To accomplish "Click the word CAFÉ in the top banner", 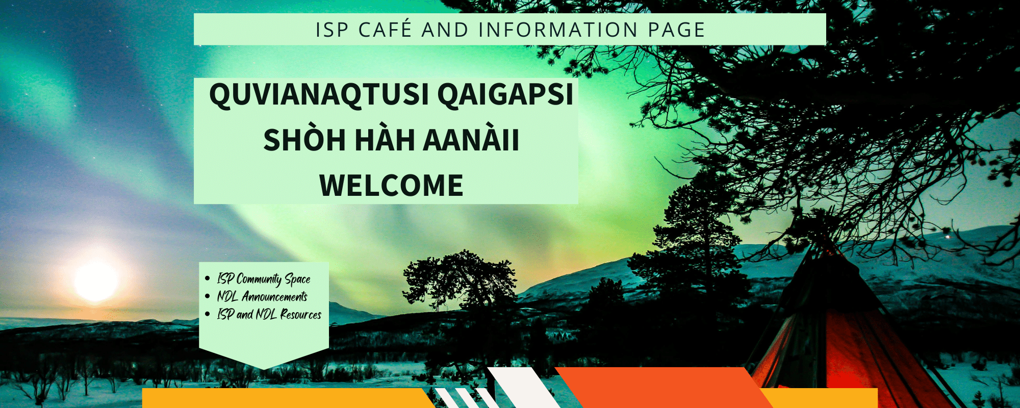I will (x=385, y=30).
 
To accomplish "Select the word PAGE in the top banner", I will (x=677, y=30).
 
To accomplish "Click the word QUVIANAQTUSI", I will (x=319, y=95).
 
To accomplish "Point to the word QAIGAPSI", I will (x=505, y=95).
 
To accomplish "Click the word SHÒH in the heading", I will (x=304, y=140).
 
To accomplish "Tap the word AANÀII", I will (x=471, y=140).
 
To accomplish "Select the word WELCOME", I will (x=391, y=185).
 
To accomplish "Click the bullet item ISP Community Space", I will (x=264, y=279).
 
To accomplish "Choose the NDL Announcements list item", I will (x=262, y=297).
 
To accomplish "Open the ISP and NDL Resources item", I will (x=269, y=315).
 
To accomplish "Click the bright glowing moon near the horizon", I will (x=95, y=280).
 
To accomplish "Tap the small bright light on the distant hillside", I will (x=948, y=237).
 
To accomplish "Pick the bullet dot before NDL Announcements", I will (x=207, y=296).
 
